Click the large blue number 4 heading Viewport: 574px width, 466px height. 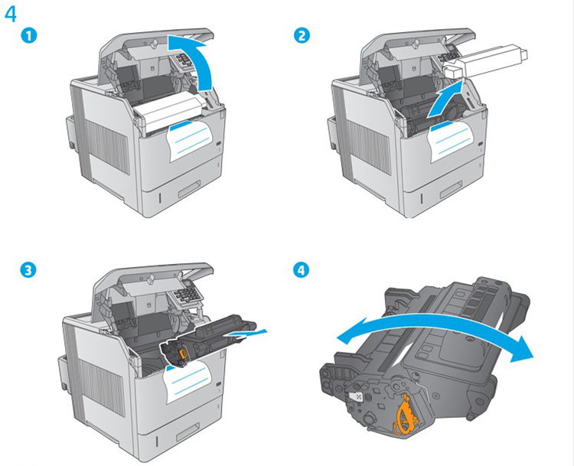(x=11, y=15)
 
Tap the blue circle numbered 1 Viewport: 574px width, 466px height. (x=28, y=36)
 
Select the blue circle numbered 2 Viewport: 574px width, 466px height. (x=302, y=36)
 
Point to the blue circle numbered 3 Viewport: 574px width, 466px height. (x=28, y=270)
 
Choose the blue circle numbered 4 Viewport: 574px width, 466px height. (x=302, y=270)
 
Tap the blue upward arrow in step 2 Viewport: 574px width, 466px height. (x=446, y=99)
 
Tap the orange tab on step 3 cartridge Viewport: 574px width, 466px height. (x=183, y=353)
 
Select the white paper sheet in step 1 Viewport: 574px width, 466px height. (x=191, y=141)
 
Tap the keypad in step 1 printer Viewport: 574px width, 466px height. (x=187, y=60)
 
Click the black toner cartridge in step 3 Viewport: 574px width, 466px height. (x=207, y=339)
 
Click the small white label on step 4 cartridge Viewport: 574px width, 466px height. (x=355, y=397)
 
